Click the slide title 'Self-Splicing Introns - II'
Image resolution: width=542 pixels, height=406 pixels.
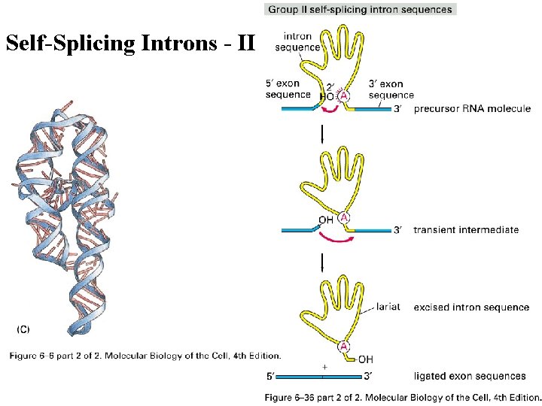coord(130,44)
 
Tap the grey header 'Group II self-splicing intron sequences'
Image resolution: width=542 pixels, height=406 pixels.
coord(360,10)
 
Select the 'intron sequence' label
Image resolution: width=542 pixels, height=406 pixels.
coord(297,41)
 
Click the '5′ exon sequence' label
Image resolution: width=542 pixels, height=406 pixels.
coord(288,89)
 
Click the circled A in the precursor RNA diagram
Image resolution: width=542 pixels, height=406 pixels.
coord(343,96)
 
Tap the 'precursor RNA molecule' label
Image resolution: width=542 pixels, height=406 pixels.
coord(472,109)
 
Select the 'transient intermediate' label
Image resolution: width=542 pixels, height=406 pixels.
coord(466,229)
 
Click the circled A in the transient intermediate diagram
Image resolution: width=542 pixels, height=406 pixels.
coord(344,218)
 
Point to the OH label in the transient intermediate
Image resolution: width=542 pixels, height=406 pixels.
coord(326,220)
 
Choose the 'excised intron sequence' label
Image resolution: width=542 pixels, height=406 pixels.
coord(471,308)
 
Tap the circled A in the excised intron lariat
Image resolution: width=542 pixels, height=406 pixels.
coord(344,346)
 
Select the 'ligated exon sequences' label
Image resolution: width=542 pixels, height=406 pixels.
coord(470,375)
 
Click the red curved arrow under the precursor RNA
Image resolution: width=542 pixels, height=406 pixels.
coord(330,114)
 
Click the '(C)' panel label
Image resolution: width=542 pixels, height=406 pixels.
coord(23,329)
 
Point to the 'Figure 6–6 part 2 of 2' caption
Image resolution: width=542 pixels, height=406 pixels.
coord(145,356)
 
